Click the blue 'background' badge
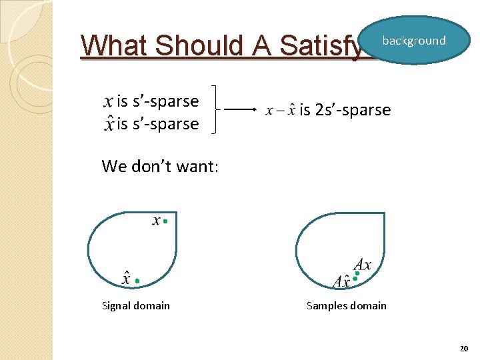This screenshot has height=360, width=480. [x=414, y=41]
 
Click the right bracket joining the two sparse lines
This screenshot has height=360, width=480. [x=213, y=109]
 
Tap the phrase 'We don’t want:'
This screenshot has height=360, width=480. [x=160, y=166]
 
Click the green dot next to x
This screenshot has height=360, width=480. [x=165, y=221]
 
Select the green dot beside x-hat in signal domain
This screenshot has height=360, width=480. [x=137, y=281]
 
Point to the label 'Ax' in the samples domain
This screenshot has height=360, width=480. [x=363, y=264]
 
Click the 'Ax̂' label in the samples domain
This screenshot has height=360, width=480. [x=342, y=281]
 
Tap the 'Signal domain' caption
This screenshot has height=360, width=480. [x=136, y=306]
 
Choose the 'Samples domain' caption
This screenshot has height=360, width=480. [x=346, y=306]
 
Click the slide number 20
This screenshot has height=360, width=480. [x=464, y=349]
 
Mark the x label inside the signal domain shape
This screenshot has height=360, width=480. [x=156, y=220]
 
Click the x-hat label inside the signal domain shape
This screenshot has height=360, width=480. [x=126, y=278]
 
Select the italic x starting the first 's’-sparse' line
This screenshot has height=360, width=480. [x=108, y=102]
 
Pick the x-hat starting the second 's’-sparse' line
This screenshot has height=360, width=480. [x=108, y=123]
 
